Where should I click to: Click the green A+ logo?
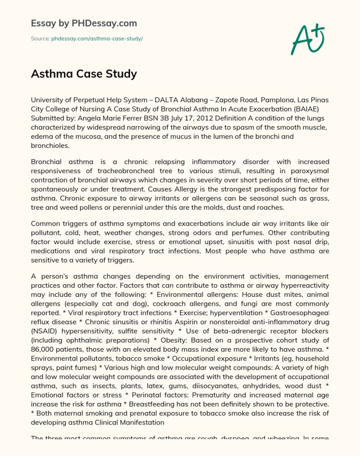(308, 40)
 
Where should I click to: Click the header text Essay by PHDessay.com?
(84, 23)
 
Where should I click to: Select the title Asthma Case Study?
(84, 73)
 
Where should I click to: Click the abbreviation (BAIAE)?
(314, 108)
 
